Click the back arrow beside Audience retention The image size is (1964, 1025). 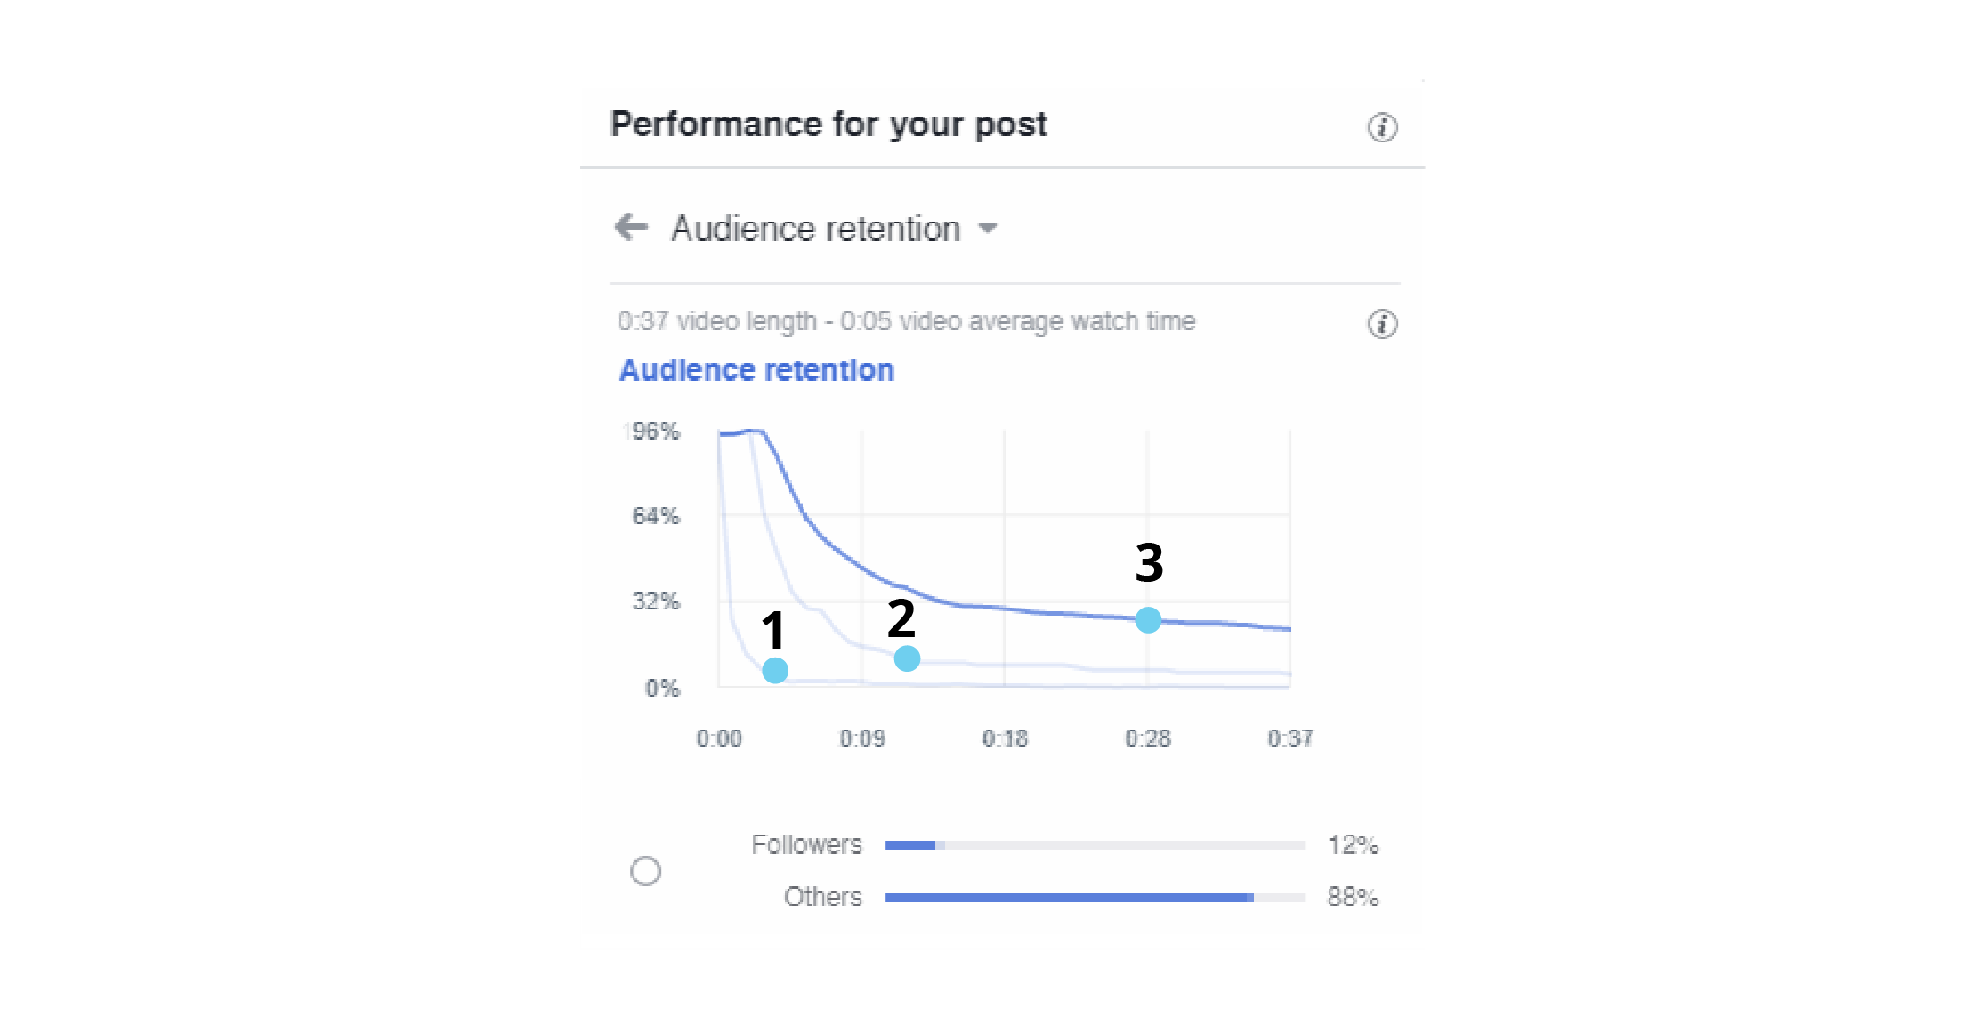pyautogui.click(x=631, y=227)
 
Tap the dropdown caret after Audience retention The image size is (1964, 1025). pyautogui.click(x=987, y=229)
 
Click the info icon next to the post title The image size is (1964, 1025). pyautogui.click(x=1382, y=127)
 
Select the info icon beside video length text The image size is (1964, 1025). pyautogui.click(x=1382, y=324)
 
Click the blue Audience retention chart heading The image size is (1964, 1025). pyautogui.click(x=756, y=370)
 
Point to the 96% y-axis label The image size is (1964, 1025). pyautogui.click(x=655, y=432)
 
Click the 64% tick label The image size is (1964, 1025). pyautogui.click(x=656, y=516)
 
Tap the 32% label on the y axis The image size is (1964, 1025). pyautogui.click(x=656, y=601)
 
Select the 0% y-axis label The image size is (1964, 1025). pyautogui.click(x=662, y=688)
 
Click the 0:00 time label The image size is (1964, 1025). pyautogui.click(x=719, y=738)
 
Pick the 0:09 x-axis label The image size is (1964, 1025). pyautogui.click(x=862, y=738)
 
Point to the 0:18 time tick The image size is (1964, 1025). pyautogui.click(x=1005, y=738)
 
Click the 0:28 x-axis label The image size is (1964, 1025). pyautogui.click(x=1148, y=738)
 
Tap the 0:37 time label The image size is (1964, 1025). pyautogui.click(x=1290, y=738)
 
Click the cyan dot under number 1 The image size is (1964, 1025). pyautogui.click(x=775, y=670)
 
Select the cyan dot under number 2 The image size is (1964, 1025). pyautogui.click(x=907, y=658)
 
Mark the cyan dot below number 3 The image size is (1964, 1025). pyautogui.click(x=1148, y=619)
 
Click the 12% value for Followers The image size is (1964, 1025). pyautogui.click(x=1353, y=845)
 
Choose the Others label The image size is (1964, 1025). pyautogui.click(x=822, y=897)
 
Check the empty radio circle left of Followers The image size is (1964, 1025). pyautogui.click(x=646, y=871)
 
